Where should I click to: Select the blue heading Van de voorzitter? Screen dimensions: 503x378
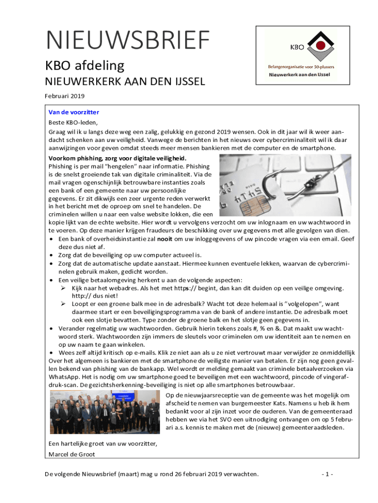pyautogui.click(x=74, y=112)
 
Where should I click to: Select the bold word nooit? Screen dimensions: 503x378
pyautogui.click(x=164, y=239)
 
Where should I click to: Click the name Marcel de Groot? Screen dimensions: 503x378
pyautogui.click(x=72, y=454)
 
